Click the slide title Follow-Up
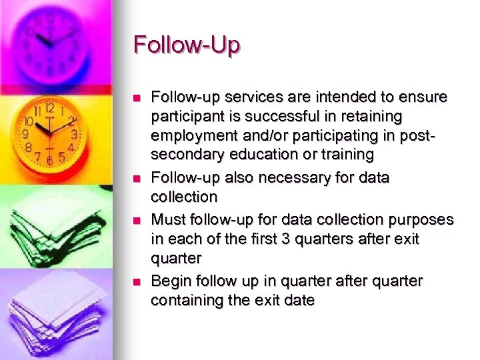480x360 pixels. point(187,45)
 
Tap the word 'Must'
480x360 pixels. point(167,219)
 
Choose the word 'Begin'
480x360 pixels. point(170,281)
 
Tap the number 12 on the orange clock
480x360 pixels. point(49,108)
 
